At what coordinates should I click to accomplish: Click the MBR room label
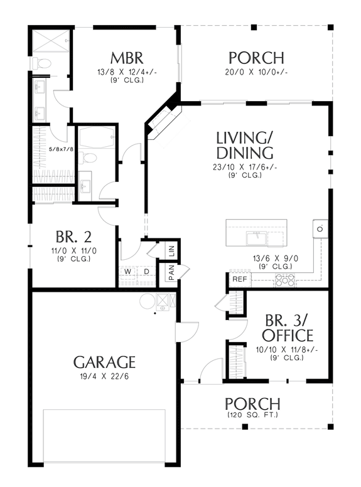[127, 58]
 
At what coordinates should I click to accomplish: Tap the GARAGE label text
[104, 361]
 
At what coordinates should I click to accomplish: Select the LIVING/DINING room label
[244, 145]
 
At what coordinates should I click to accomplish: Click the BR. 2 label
[73, 237]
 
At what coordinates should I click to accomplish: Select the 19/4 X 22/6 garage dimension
[104, 377]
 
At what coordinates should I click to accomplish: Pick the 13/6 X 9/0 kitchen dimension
[271, 257]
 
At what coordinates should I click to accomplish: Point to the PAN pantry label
[170, 272]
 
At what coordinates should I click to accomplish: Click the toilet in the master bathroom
[41, 63]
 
